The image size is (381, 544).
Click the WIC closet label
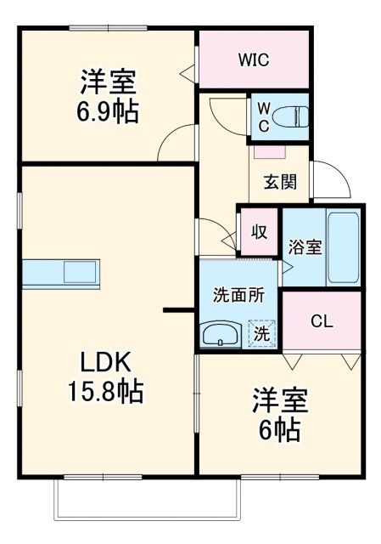[252, 59]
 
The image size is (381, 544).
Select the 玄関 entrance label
[279, 182]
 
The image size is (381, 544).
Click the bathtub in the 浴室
[343, 246]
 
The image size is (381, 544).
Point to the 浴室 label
[304, 247]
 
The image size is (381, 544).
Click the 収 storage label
[258, 230]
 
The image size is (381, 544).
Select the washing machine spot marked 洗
[262, 333]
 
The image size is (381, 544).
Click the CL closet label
[322, 321]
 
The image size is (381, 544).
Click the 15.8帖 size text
[106, 391]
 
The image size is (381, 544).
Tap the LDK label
[106, 363]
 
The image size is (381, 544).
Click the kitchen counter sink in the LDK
[81, 274]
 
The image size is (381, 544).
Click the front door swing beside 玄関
[327, 178]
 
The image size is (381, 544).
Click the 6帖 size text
[279, 430]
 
